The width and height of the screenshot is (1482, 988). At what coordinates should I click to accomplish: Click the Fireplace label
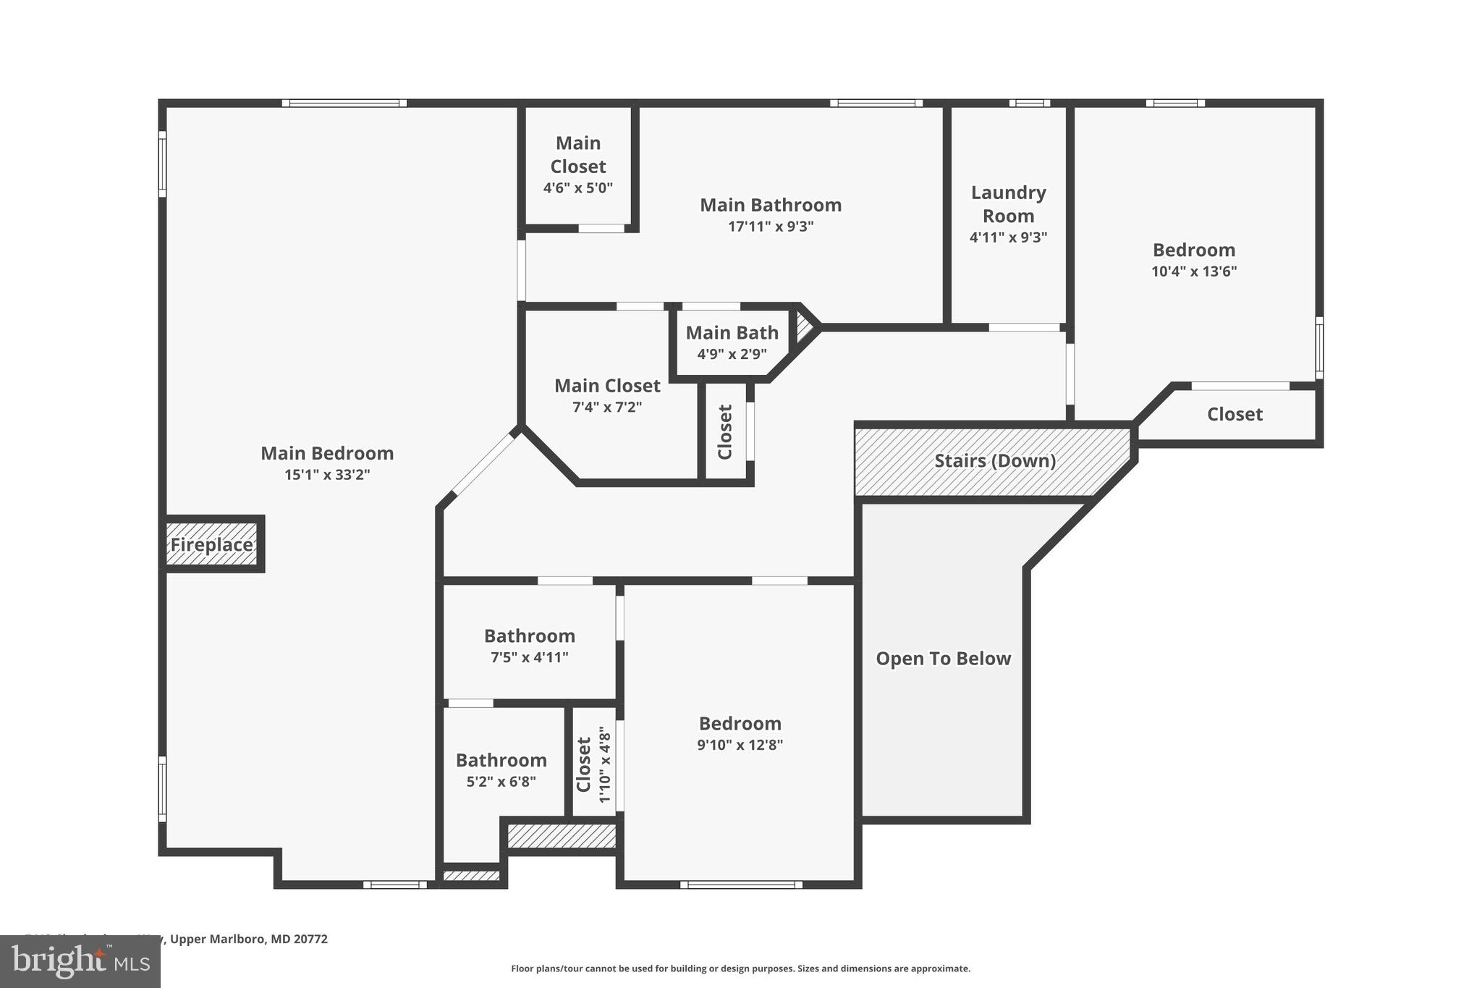point(211,544)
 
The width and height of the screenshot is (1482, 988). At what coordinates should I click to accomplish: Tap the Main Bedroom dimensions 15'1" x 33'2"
point(327,475)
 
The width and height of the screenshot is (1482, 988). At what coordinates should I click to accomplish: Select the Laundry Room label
point(1008,204)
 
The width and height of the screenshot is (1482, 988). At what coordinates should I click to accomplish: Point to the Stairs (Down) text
point(994,460)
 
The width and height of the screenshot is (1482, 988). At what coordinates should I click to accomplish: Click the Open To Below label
point(943,658)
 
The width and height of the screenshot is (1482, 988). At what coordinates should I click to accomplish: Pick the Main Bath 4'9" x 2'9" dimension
point(732,354)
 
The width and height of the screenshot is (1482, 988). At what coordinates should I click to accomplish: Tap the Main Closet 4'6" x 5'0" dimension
point(577,187)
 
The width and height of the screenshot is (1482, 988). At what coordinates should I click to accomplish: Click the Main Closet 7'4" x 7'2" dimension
point(606,407)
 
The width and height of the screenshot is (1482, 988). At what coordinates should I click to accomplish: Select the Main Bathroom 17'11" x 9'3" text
point(771,226)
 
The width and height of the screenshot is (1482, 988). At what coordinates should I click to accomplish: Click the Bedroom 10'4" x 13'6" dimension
point(1193,271)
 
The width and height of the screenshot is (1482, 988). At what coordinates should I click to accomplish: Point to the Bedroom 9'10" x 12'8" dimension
point(740,745)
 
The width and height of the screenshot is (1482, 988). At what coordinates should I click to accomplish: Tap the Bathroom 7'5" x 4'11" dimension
point(529,657)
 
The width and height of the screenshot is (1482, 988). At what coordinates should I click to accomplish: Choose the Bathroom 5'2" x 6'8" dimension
point(501,782)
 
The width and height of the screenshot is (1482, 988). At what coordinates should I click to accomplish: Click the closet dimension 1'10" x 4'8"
point(606,766)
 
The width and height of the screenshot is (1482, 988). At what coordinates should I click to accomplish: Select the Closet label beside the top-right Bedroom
point(1235,414)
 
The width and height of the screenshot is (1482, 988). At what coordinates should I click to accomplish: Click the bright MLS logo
point(80,962)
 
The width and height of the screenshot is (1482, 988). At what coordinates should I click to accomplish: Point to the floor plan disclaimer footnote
point(740,968)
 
